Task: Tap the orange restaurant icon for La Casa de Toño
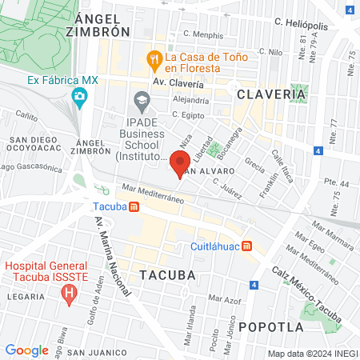(154, 59)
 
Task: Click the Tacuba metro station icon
(134, 206)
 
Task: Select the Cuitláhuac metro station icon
(248, 246)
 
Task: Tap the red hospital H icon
(70, 294)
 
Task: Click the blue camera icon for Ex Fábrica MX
(79, 98)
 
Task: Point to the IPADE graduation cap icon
(142, 101)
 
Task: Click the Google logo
(26, 350)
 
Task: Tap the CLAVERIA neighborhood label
(271, 94)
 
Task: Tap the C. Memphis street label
(204, 34)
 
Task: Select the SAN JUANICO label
(98, 352)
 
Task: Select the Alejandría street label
(191, 101)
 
